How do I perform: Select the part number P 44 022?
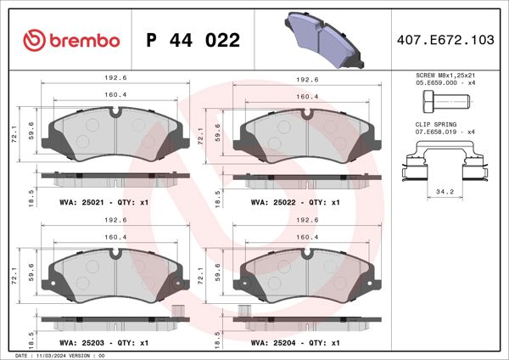click(193, 40)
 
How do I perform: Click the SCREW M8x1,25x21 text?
click(444, 76)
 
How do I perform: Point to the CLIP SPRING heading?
click(424, 124)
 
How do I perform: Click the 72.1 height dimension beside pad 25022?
click(200, 134)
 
